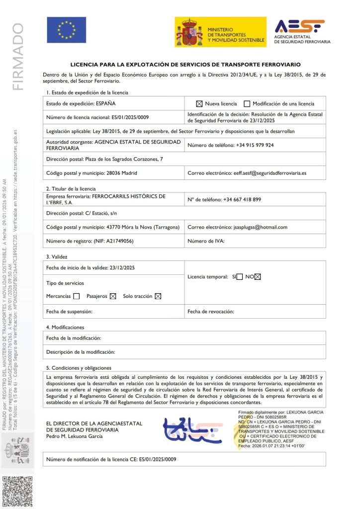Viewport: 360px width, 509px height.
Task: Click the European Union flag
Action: pos(66,30)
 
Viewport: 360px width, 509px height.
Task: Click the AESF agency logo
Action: pos(302,31)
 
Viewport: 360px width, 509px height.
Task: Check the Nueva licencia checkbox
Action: pos(199,104)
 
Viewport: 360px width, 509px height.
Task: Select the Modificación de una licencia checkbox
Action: pos(247,104)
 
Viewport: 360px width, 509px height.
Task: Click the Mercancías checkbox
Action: pos(76,296)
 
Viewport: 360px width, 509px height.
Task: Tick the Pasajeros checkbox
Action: pos(113,296)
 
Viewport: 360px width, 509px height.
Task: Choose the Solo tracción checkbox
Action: pos(158,296)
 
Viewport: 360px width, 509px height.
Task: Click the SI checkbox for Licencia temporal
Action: pos(240,277)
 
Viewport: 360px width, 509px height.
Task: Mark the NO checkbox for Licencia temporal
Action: pos(258,277)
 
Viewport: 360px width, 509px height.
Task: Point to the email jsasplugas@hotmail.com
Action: pos(261,227)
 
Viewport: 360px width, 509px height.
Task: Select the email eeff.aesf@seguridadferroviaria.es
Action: pos(270,173)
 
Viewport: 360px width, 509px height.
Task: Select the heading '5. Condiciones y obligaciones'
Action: pos(79,368)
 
